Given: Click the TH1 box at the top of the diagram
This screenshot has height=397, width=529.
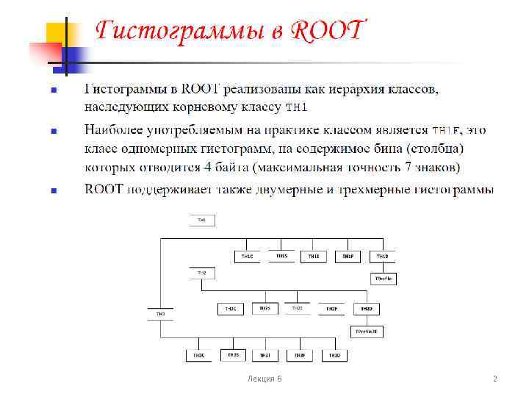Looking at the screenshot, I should click(x=202, y=220).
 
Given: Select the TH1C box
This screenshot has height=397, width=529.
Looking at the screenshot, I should click(x=248, y=256).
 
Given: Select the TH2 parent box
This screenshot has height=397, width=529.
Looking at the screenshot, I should click(x=202, y=273).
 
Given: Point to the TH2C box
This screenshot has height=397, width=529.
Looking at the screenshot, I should click(x=231, y=309).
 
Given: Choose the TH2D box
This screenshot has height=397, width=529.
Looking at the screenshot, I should click(x=365, y=309).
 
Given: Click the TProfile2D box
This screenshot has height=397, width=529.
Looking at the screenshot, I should click(x=366, y=332).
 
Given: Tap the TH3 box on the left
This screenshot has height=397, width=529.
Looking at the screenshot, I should click(x=160, y=314).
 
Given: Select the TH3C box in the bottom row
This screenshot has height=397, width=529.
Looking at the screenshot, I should click(x=199, y=355).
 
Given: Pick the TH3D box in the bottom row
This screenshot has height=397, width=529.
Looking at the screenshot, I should click(x=334, y=355).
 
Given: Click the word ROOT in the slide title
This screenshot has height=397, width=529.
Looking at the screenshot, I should click(x=327, y=32).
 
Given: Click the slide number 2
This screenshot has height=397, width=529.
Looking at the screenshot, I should click(x=494, y=379).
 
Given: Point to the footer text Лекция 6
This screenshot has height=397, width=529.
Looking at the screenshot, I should click(x=264, y=379).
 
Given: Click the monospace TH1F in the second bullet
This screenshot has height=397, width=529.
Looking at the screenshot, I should click(x=445, y=131).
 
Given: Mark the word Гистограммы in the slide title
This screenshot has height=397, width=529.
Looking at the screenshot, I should click(x=190, y=32).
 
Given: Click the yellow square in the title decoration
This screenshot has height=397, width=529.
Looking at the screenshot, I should click(x=59, y=35).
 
